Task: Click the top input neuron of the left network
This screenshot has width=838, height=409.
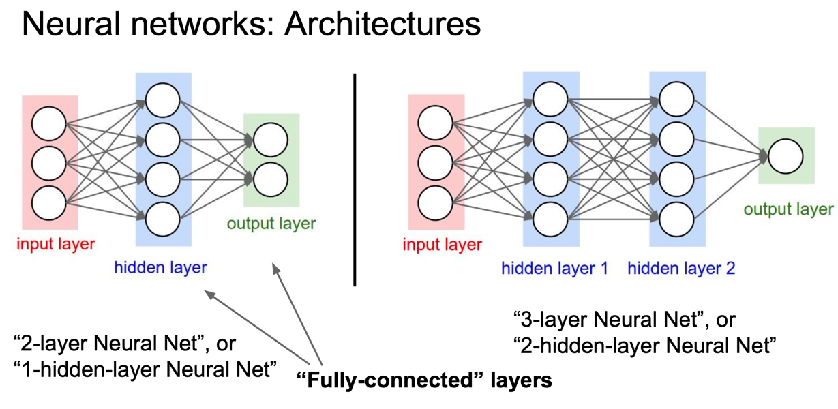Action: click(x=49, y=124)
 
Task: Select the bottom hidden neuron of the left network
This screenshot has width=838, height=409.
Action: click(x=162, y=219)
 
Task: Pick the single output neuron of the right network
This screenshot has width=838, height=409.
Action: click(x=786, y=156)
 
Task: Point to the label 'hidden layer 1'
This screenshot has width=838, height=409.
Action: click(x=554, y=268)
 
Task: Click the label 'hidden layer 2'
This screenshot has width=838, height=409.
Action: click(x=681, y=268)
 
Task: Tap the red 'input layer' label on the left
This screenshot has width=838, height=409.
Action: click(x=56, y=243)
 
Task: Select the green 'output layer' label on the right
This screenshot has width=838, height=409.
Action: click(x=788, y=209)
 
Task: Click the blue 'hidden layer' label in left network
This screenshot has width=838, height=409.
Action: click(x=160, y=268)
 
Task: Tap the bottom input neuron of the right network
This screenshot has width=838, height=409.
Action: click(x=435, y=204)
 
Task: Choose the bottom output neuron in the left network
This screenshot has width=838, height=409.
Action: click(x=271, y=179)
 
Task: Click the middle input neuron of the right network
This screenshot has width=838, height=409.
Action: click(x=435, y=164)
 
